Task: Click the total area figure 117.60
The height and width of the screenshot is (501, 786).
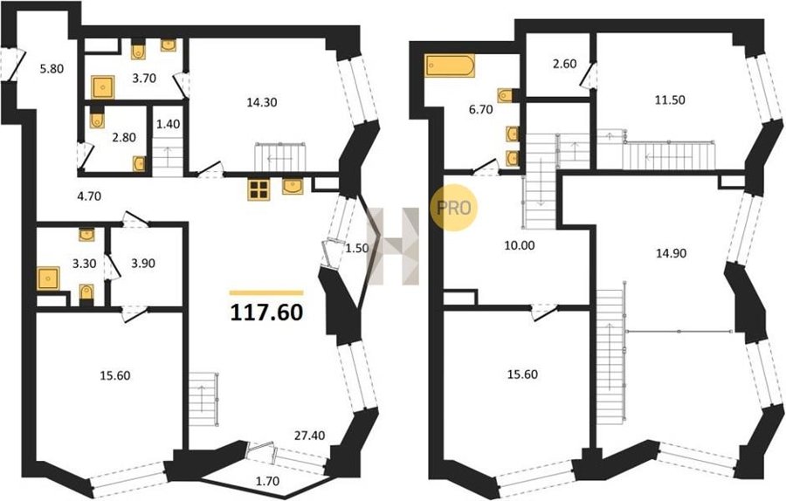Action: tap(266, 312)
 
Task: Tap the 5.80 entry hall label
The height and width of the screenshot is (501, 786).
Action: tap(52, 69)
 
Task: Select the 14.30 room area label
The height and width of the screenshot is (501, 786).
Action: tap(262, 103)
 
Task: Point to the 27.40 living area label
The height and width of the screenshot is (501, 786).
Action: tap(309, 436)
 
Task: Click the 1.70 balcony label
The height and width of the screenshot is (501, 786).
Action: tap(268, 482)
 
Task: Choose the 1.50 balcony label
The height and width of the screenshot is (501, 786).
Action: tap(357, 249)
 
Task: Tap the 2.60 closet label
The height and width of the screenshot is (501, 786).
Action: tap(564, 64)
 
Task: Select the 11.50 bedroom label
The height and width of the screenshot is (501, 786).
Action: tap(670, 100)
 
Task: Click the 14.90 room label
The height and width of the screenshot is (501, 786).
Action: tap(672, 253)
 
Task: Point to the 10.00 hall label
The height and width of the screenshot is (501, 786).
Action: tap(520, 245)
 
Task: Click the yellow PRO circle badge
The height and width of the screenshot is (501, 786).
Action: tap(453, 208)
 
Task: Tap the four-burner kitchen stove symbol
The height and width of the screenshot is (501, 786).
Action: tap(259, 189)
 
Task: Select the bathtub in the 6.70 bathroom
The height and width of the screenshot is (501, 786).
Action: tap(450, 65)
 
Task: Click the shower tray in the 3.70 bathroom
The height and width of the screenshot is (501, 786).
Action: tap(103, 87)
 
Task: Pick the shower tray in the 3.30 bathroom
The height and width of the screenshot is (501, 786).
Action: tap(48, 279)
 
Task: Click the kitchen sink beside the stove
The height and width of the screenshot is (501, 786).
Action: tap(293, 186)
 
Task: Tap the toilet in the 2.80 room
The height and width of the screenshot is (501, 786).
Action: tap(96, 119)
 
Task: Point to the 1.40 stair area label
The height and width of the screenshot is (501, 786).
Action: tap(169, 124)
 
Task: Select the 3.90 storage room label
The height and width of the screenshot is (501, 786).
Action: tap(142, 264)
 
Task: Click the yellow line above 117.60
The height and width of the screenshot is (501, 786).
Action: tap(266, 292)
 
